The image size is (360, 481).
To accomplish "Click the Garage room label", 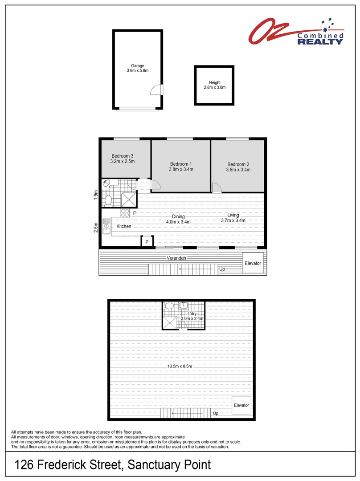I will (137, 66).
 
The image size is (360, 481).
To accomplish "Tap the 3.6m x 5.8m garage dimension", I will (137, 71).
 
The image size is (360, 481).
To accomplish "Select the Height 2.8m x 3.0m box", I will (215, 85).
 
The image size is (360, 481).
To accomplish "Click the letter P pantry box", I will (147, 242).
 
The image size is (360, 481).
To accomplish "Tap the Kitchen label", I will (124, 227).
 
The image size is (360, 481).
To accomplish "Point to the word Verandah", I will (176, 258).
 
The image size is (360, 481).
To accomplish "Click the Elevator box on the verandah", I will (253, 263).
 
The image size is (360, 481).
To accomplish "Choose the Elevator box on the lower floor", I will (241, 405).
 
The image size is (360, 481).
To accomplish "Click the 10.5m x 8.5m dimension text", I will (180, 367).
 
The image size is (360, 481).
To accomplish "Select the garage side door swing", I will (156, 90).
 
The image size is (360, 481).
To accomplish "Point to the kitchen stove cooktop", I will (124, 213).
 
